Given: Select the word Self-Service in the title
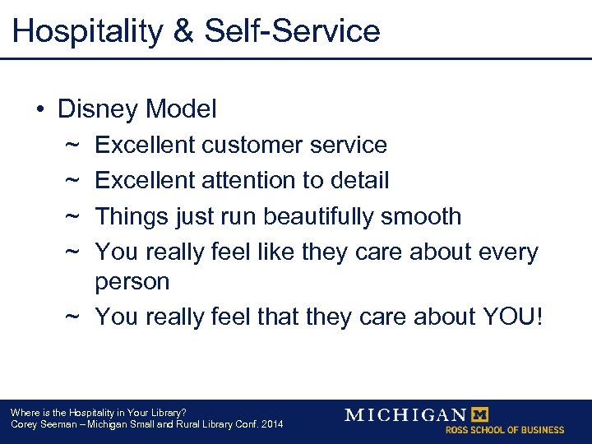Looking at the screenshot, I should coord(293,31).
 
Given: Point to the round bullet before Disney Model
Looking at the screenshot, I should coord(39,109).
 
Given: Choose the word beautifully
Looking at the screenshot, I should coord(325,217).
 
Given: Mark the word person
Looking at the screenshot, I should coord(132,282).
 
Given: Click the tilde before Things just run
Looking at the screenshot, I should coord(72,217).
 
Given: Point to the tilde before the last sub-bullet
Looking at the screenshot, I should coord(72,317).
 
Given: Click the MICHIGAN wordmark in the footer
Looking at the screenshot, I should coord(405,415).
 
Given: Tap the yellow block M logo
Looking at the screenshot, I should coord(478,414).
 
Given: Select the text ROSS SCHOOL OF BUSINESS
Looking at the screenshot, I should coord(505,430).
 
